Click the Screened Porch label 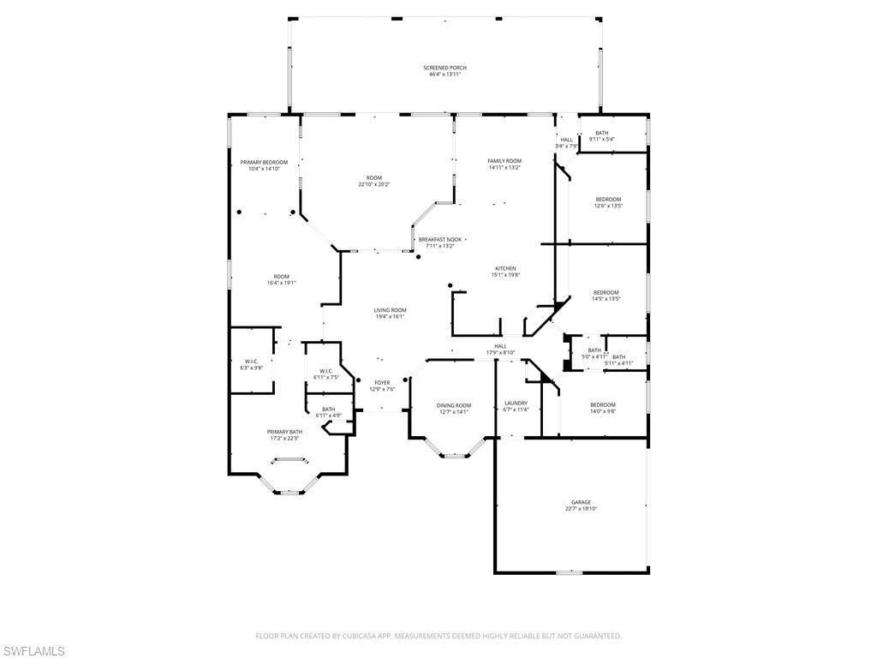(x=444, y=68)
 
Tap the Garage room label (x=581, y=502)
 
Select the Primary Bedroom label (x=264, y=162)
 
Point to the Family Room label (x=504, y=161)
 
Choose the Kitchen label (x=505, y=268)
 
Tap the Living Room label (x=390, y=310)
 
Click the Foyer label (x=382, y=382)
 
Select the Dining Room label (x=454, y=405)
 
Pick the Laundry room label (x=516, y=403)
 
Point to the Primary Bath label (x=284, y=432)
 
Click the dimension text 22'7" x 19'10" (x=581, y=509)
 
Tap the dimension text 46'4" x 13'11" (x=444, y=75)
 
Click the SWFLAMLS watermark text (x=33, y=651)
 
